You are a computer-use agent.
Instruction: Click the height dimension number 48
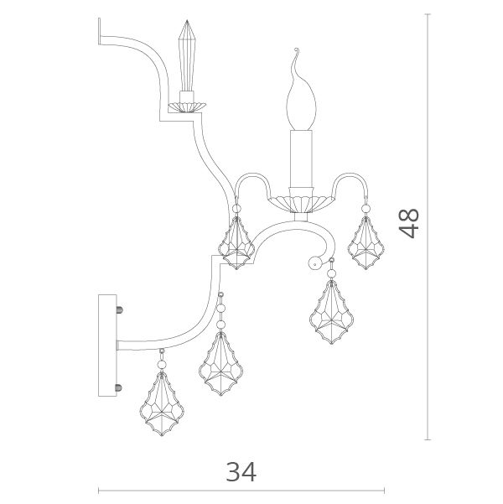point(409,223)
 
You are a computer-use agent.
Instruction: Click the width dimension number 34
point(241,472)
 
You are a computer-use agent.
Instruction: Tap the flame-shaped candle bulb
point(301,96)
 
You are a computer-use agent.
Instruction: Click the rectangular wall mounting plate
point(107,346)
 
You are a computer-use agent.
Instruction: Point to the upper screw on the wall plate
point(120,310)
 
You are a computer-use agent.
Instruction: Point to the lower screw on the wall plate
point(119,387)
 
